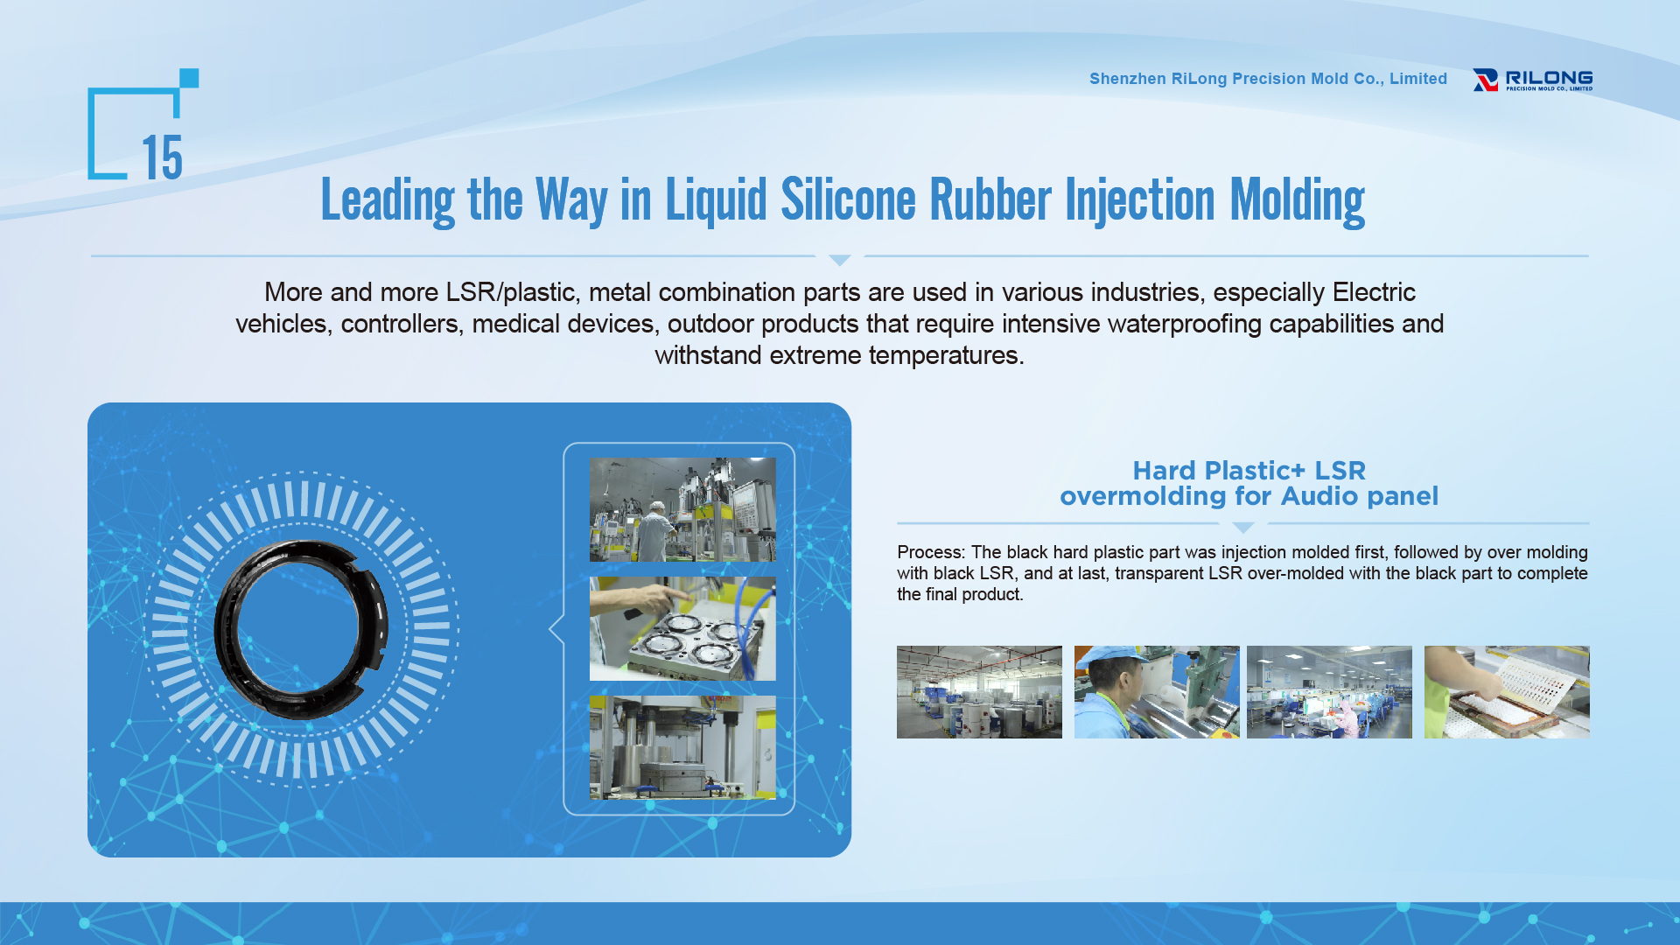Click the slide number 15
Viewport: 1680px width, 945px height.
click(162, 157)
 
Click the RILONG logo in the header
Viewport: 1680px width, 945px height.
click(1532, 80)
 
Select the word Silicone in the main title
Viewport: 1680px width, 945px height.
click(848, 199)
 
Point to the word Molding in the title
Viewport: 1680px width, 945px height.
click(1298, 201)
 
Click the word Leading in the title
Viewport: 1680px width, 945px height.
click(388, 201)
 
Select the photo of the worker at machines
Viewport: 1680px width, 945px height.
click(682, 509)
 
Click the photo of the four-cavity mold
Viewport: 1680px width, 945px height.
click(682, 628)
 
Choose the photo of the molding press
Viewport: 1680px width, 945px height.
click(682, 747)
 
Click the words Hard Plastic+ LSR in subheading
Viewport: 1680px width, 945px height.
click(1249, 471)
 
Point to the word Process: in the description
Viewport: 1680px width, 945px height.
click(931, 552)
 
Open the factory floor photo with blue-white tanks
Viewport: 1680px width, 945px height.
click(979, 692)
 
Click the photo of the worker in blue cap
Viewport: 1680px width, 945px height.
click(1157, 692)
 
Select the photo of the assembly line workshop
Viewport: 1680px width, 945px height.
click(1329, 692)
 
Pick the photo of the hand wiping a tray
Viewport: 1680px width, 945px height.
click(1507, 692)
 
